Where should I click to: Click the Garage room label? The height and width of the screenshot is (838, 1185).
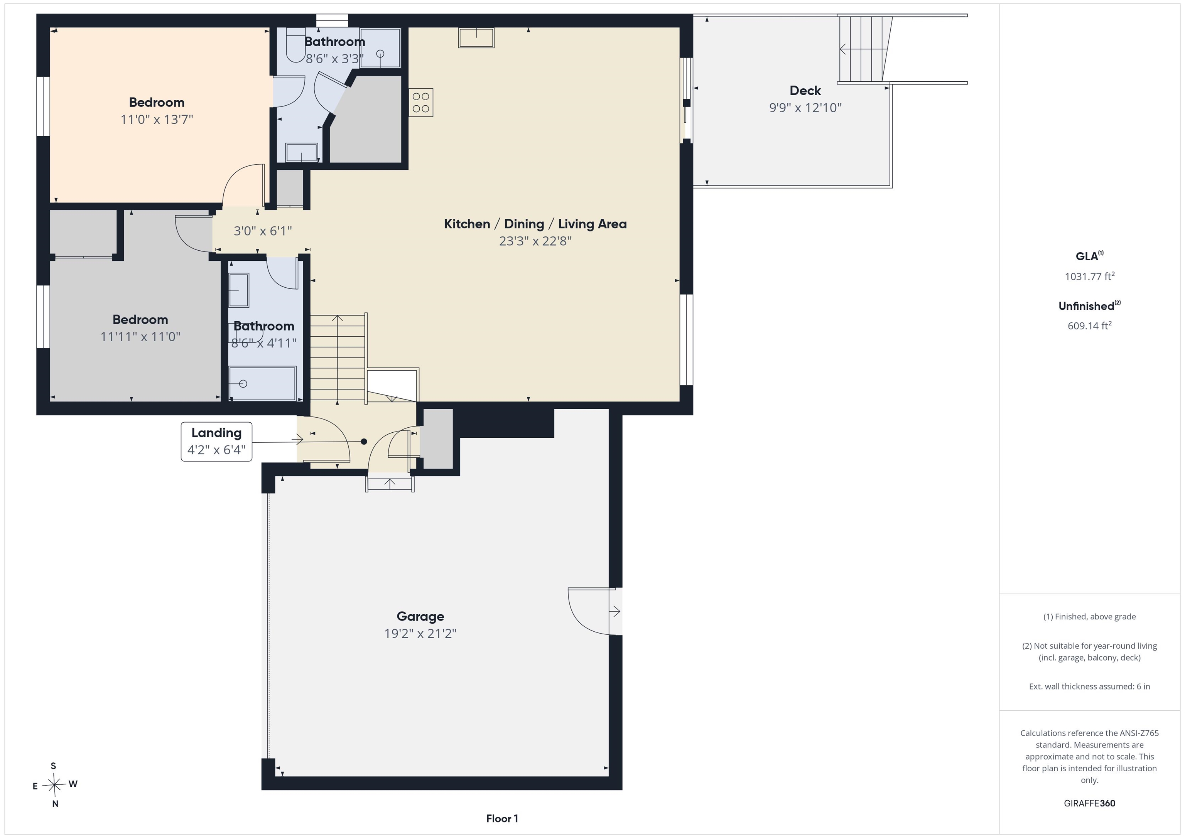coord(420,616)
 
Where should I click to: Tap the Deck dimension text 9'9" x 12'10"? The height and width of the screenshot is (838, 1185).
coord(805,108)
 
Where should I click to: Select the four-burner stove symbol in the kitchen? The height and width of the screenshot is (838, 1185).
coord(420,102)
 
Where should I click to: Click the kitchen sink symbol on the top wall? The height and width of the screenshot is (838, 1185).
coord(476,38)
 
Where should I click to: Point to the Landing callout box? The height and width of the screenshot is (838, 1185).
coord(216,441)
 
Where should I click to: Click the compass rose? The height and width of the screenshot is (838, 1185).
coord(54,785)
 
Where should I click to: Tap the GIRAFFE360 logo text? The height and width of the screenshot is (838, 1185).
coord(1089,803)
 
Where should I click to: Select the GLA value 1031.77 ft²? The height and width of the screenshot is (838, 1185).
coord(1089,276)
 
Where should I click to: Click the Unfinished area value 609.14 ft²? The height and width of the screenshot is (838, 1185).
coord(1089,325)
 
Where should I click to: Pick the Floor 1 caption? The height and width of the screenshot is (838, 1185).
coord(502,818)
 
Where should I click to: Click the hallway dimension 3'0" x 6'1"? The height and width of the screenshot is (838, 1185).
coord(263,231)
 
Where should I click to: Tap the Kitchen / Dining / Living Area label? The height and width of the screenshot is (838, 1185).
coord(535,224)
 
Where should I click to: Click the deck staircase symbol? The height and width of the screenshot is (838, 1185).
coord(865,49)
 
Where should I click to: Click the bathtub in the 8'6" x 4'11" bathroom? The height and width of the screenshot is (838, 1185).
coord(262,383)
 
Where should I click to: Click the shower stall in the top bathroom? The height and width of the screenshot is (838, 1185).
coord(380,47)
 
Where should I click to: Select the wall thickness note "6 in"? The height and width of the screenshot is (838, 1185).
coord(1142,686)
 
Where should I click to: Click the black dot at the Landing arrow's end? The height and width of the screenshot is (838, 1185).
coord(364,442)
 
